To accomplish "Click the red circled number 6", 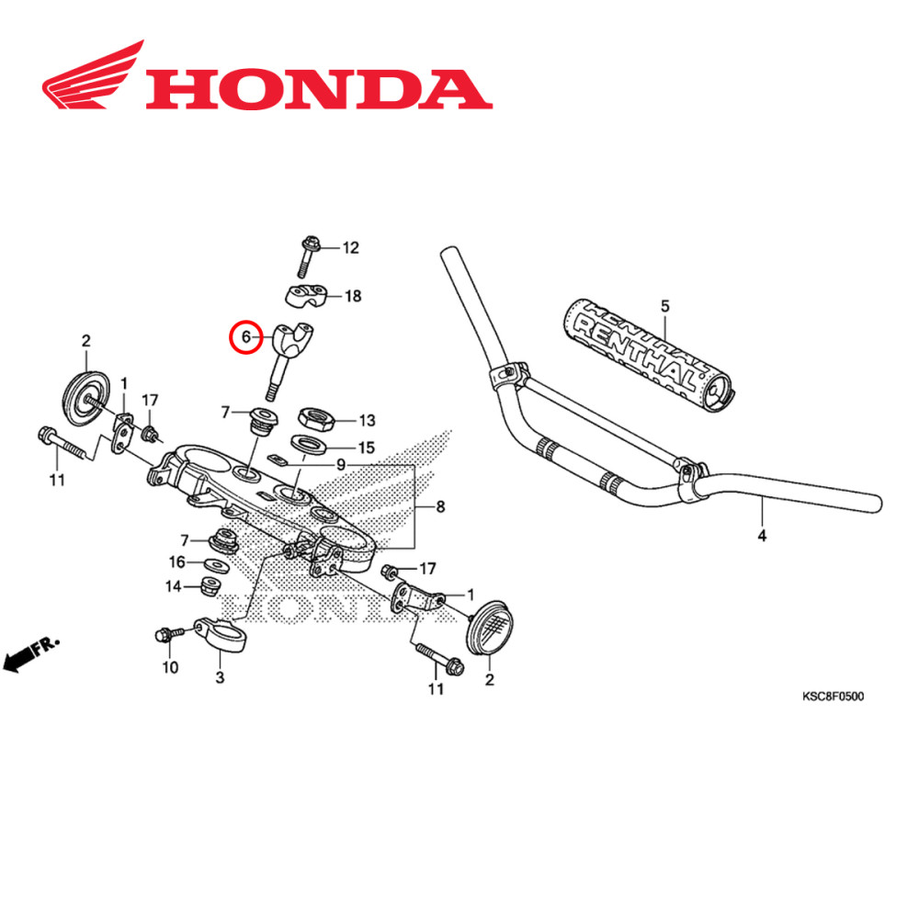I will [x=244, y=337].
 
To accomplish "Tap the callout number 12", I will [x=350, y=248].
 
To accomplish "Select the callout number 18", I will [x=352, y=296].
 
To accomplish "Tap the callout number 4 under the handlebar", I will [x=761, y=535].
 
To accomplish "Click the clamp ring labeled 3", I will [x=221, y=633].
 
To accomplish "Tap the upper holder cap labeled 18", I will [x=303, y=296].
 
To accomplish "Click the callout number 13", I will [x=367, y=421].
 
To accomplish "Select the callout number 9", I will [x=341, y=466].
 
